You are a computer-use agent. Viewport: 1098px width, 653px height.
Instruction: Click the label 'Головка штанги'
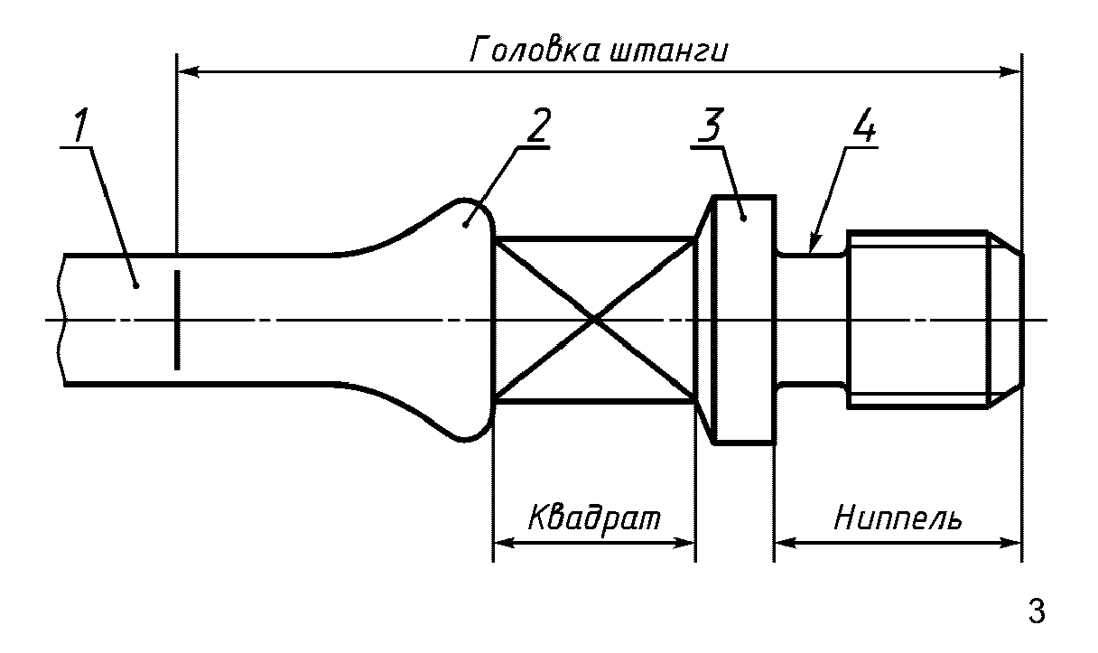[x=599, y=50]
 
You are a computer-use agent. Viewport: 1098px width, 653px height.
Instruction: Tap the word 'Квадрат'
[x=594, y=519]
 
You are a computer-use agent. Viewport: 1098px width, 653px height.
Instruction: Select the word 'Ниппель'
[x=898, y=519]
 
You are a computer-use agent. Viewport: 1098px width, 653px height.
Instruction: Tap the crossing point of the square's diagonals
[x=594, y=319]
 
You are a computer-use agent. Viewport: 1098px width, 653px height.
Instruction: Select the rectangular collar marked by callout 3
[x=743, y=319]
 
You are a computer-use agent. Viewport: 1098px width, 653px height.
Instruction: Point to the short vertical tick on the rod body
[x=177, y=319]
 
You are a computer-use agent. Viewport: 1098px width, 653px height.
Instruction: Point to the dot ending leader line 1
[x=135, y=285]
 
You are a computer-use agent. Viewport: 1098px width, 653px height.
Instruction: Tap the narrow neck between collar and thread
[x=811, y=319]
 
